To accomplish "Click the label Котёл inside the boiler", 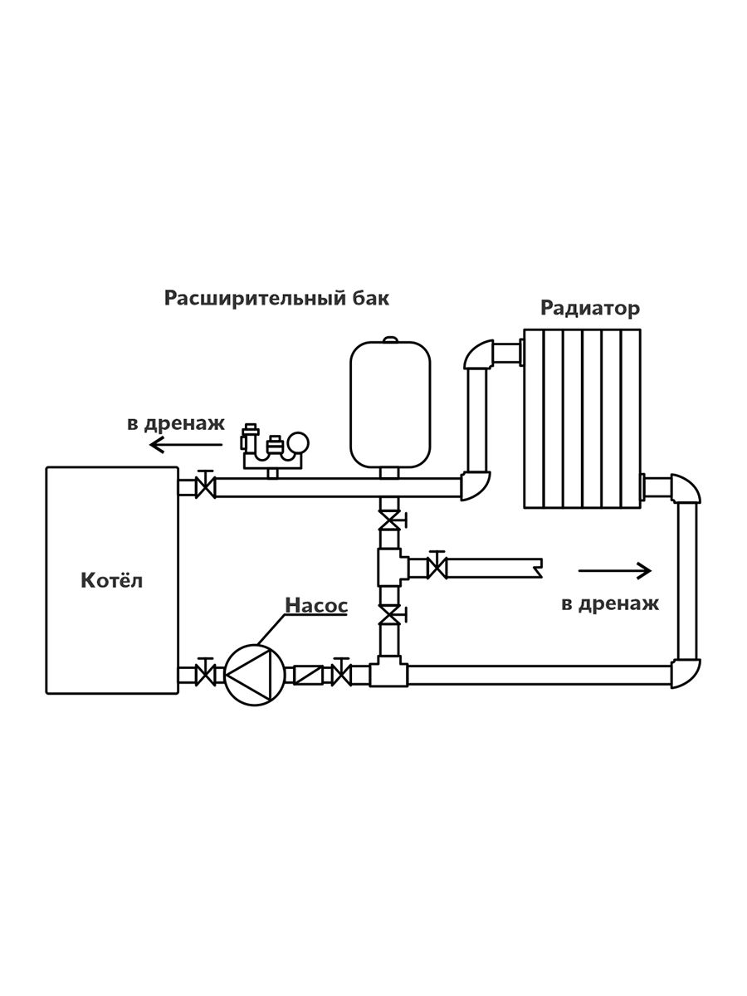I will click(111, 580).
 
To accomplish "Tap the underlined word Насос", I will click(316, 605).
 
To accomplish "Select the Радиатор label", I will click(590, 309).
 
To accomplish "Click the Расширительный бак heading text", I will click(276, 298).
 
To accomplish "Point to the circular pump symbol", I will click(251, 673).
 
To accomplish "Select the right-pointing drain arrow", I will click(615, 570).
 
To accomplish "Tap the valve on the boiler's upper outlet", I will click(203, 485).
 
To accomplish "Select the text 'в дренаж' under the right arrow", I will click(610, 603).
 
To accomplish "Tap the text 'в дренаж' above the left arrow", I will click(176, 423).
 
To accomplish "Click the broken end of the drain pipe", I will click(538, 568).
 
